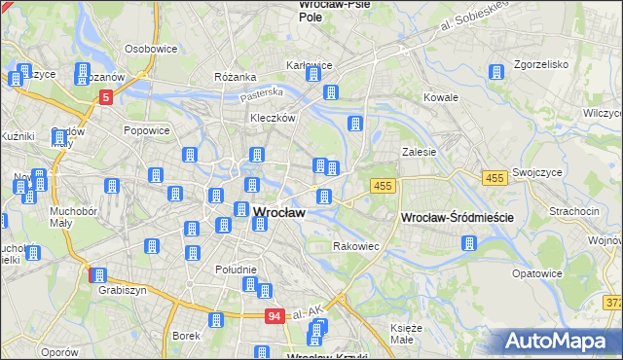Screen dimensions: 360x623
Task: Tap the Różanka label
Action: [x=235, y=77]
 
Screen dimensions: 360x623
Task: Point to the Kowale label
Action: [x=441, y=98]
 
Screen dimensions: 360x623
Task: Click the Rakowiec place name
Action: [x=356, y=247]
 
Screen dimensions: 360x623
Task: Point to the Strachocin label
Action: [x=573, y=210]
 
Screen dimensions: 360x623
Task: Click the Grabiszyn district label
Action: [x=122, y=289]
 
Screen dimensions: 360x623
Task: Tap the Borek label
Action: [x=185, y=336]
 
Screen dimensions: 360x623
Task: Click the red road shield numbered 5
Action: [x=106, y=97]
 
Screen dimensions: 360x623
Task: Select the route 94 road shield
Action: [x=276, y=315]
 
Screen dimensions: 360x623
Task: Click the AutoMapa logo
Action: [x=563, y=341]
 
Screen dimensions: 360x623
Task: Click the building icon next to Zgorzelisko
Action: [x=496, y=73]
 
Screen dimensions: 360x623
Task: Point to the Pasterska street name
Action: [x=264, y=92]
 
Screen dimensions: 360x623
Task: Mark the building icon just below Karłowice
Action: [x=330, y=92]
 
